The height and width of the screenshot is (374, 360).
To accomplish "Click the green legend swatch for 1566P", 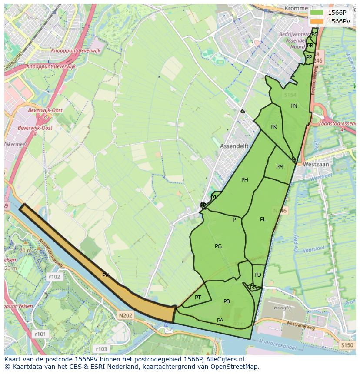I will (x=317, y=13).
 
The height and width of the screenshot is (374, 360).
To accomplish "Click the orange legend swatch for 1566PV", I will (x=317, y=21).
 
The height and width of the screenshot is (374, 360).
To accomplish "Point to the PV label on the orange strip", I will (x=106, y=275).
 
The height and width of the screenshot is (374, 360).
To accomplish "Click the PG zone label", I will (x=218, y=246).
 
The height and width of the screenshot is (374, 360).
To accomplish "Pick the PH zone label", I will (x=245, y=180).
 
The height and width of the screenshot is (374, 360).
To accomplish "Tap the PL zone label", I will (x=263, y=219).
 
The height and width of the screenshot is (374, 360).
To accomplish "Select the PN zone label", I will (x=294, y=106).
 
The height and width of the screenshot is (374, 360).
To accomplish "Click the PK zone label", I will (x=273, y=127).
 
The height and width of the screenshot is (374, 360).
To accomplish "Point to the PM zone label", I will (x=280, y=167).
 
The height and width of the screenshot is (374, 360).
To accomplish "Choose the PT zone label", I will (x=198, y=298).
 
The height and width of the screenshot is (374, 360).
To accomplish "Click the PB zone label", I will (x=227, y=301).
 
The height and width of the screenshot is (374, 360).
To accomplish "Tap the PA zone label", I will (x=220, y=321).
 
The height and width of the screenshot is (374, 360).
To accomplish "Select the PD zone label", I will (x=258, y=275).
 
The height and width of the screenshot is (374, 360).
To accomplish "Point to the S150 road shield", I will (x=347, y=345).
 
